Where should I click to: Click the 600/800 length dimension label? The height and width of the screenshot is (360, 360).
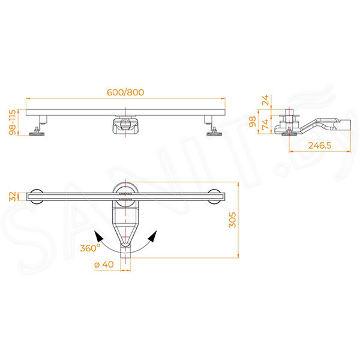(125, 92)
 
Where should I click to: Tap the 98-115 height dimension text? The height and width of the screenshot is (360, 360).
(12, 122)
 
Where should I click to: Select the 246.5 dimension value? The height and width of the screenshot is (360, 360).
(320, 145)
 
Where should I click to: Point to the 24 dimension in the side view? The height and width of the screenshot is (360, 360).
(265, 100)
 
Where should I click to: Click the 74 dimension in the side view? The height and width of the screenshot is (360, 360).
(265, 124)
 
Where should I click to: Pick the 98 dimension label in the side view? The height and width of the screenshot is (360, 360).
(253, 122)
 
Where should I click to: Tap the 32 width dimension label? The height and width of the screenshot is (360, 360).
(13, 197)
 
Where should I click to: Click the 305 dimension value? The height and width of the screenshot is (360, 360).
(232, 220)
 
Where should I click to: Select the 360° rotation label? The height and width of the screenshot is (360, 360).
(90, 248)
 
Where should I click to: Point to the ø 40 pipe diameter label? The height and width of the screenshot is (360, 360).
(104, 265)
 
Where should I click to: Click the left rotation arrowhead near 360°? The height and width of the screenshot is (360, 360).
(98, 236)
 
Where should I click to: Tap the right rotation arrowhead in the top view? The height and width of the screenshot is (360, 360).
(152, 236)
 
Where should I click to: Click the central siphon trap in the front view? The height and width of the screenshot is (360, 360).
(125, 125)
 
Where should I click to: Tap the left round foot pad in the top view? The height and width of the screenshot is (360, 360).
(37, 197)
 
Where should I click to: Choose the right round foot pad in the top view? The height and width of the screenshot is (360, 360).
(214, 197)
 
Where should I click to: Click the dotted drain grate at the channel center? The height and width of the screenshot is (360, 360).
(125, 197)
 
